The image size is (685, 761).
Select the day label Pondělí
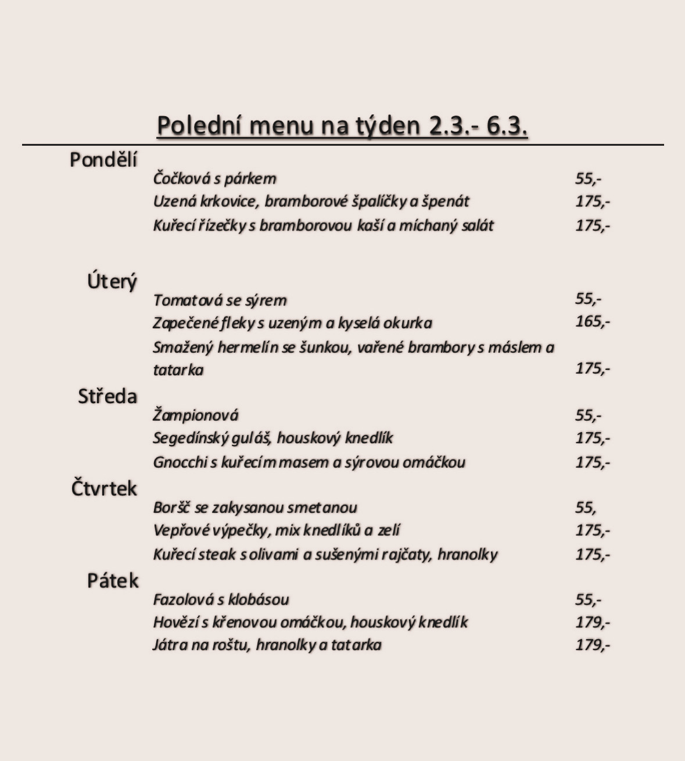tap(103, 160)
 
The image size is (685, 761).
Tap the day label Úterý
tap(112, 282)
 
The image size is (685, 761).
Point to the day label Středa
tap(107, 397)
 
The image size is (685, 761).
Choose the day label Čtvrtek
tap(104, 489)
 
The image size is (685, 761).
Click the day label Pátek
tap(113, 580)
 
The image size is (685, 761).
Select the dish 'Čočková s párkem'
tap(214, 178)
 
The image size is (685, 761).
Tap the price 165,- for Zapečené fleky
tap(592, 321)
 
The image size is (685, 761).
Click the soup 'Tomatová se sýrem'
tap(220, 300)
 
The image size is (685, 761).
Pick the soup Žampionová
tap(195, 415)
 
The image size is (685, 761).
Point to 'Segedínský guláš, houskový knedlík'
tap(272, 438)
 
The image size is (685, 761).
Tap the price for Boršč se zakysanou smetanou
tap(586, 508)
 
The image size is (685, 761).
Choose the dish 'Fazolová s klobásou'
tap(221, 600)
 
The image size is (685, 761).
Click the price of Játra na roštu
tap(592, 645)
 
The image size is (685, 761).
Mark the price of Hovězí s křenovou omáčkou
tap(592, 622)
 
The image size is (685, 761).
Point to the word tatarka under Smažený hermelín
tap(178, 370)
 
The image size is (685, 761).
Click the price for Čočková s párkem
tap(588, 178)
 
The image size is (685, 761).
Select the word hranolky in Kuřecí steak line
tap(467, 554)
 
